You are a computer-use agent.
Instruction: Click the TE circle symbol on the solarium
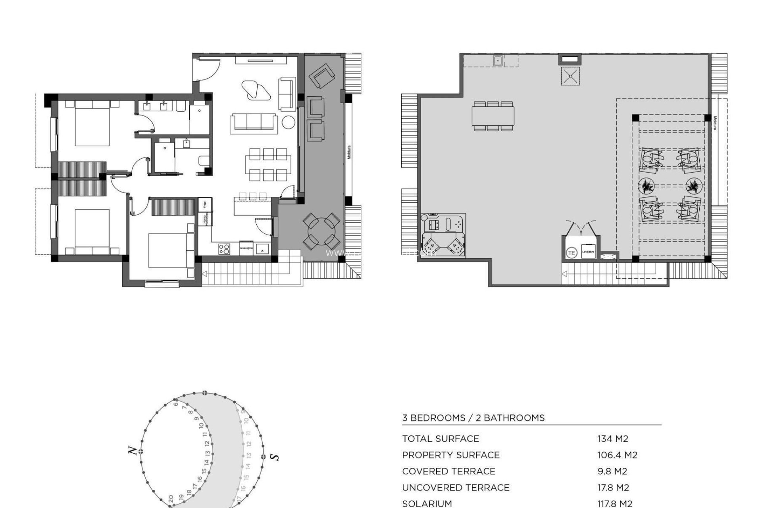(571, 252)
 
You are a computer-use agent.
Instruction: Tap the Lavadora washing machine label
(588, 252)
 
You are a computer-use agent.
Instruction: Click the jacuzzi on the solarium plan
(443, 236)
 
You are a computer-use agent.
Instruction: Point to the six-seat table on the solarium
(493, 116)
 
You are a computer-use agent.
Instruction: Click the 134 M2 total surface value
(613, 439)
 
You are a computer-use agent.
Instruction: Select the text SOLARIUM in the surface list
(427, 504)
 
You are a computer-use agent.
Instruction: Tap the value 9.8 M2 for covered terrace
(612, 471)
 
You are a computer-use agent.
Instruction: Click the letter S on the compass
(274, 457)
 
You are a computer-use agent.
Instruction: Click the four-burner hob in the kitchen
(224, 249)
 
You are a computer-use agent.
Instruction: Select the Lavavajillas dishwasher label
(246, 248)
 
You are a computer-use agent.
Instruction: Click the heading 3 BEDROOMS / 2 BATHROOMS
(473, 418)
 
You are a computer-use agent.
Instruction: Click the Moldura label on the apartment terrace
(349, 152)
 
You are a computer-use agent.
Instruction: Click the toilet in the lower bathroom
(203, 160)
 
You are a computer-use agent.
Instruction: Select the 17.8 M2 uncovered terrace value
(613, 487)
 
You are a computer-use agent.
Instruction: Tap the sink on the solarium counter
(498, 61)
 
